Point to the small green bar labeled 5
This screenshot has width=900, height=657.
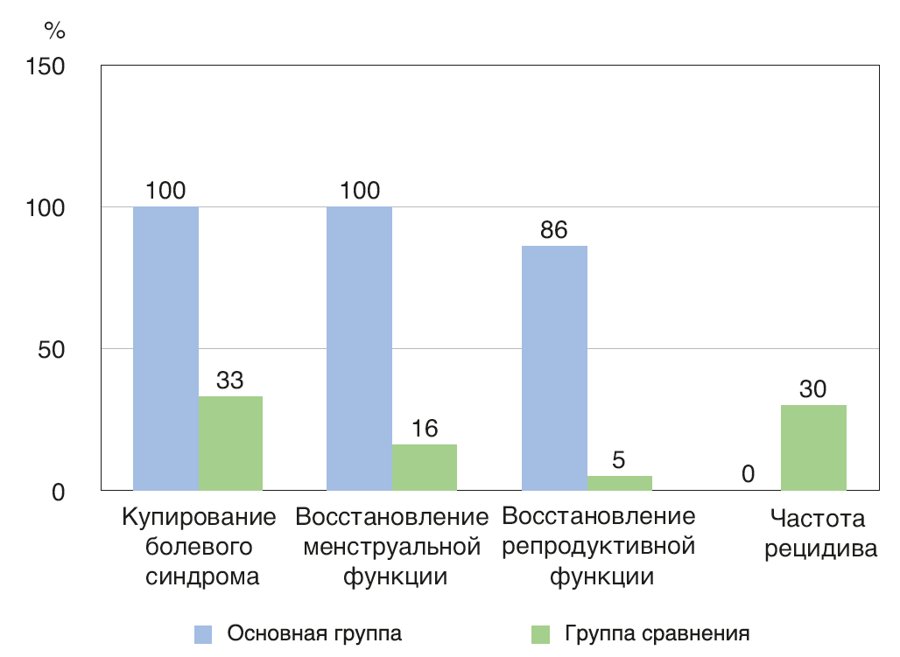pyautogui.click(x=619, y=483)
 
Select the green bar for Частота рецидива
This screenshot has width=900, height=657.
pyautogui.click(x=813, y=447)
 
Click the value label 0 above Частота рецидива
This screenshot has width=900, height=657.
pyautogui.click(x=749, y=474)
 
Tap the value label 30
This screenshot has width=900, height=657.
pyautogui.click(x=813, y=389)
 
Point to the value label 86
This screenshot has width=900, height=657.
pyautogui.click(x=554, y=230)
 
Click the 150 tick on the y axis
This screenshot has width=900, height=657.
pyautogui.click(x=46, y=66)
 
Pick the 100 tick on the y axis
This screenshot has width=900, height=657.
pyautogui.click(x=46, y=207)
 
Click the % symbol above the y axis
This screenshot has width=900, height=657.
pyautogui.click(x=54, y=31)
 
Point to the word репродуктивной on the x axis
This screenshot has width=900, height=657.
pyautogui.click(x=600, y=548)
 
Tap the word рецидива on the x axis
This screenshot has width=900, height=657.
pyautogui.click(x=820, y=550)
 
